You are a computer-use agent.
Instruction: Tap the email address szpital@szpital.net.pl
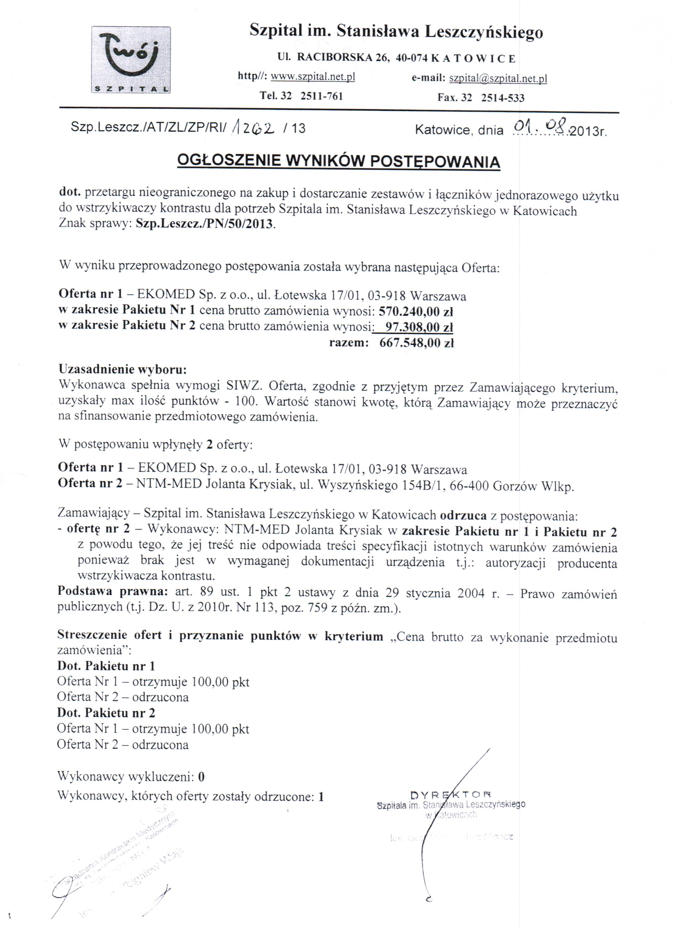(x=498, y=78)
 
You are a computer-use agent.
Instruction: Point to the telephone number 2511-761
(x=322, y=96)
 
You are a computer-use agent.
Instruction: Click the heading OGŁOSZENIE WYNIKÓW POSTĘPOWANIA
(x=338, y=161)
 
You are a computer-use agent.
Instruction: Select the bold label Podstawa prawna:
(x=113, y=592)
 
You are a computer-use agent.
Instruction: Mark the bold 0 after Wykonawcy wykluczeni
(x=201, y=777)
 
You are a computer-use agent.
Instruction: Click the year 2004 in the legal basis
(x=471, y=593)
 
